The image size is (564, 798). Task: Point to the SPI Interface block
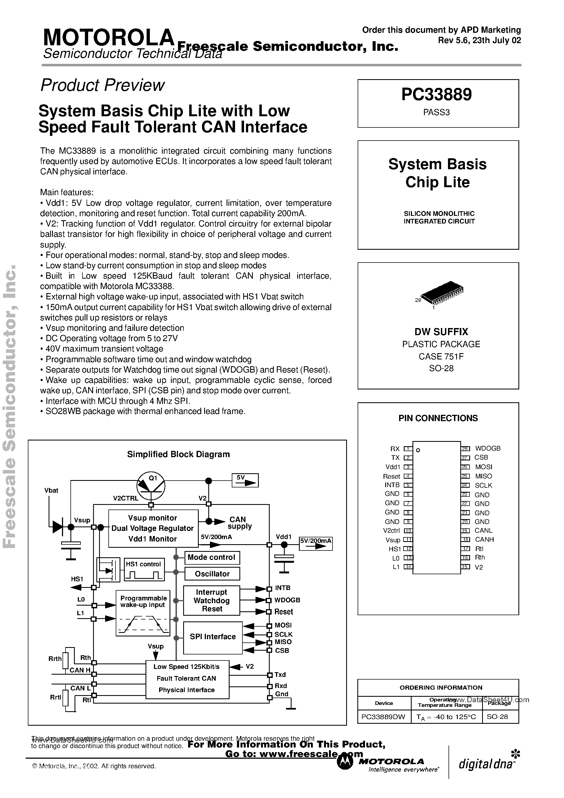coord(212,636)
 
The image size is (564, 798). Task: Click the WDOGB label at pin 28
coord(488,448)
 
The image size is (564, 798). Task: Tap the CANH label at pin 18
coord(484,540)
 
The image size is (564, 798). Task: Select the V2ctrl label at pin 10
coord(391,530)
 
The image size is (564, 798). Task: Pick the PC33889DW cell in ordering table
coord(383,717)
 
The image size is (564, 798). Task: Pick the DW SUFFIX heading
coord(441,332)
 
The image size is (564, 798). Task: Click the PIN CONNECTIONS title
coord(438,418)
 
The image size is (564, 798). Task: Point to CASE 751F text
coord(441,356)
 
